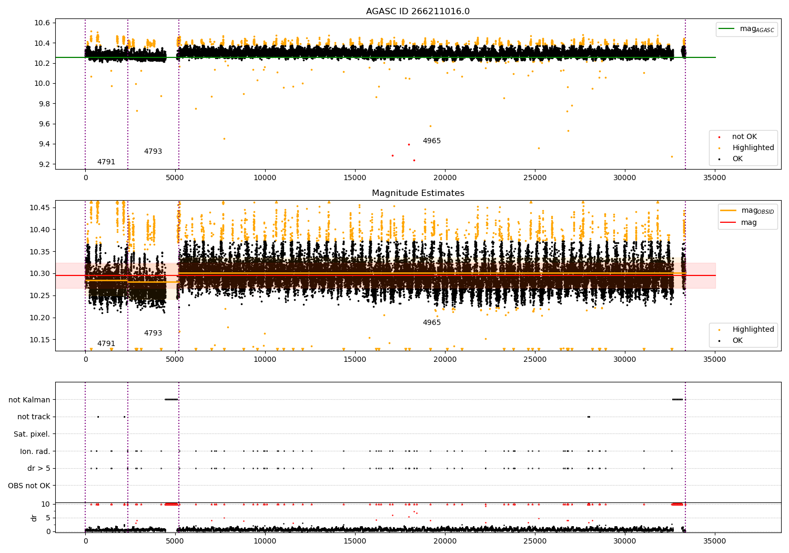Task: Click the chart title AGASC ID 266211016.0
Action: coord(418,12)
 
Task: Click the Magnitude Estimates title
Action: coord(418,193)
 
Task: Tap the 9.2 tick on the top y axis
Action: coord(43,164)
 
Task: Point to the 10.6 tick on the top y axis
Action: coord(43,23)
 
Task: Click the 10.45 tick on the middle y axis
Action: coord(41,208)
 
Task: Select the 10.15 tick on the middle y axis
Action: coord(41,340)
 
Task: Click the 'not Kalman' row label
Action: coord(29,400)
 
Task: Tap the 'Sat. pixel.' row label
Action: coord(32,434)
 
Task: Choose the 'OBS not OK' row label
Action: coord(29,486)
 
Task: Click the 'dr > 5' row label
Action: coord(38,468)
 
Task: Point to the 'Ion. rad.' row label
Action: coord(35,451)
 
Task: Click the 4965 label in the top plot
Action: coord(431,141)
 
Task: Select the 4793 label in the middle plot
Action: coord(153,333)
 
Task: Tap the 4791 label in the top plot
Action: coord(106,162)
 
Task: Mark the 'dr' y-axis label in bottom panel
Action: coord(34,518)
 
